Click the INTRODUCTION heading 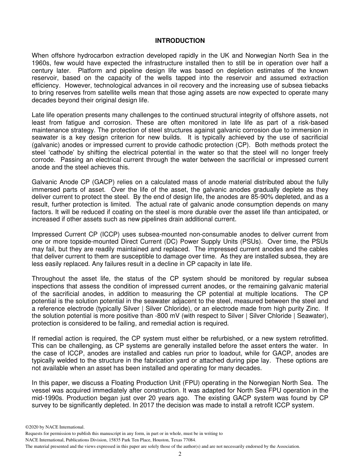pos(180,41)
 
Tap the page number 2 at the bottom pos(180,454)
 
